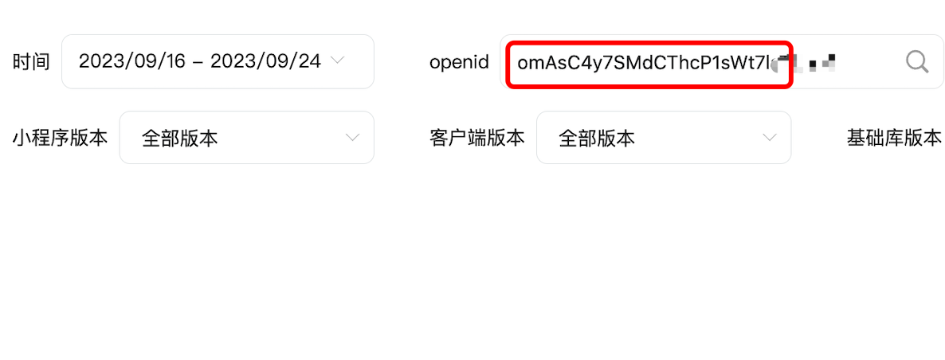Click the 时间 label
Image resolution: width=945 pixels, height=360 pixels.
click(31, 61)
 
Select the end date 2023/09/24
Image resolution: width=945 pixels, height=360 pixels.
click(265, 61)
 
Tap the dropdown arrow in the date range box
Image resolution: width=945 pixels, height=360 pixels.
click(337, 61)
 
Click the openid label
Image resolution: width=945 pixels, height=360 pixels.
click(459, 61)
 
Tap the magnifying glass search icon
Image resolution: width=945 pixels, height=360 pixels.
click(917, 61)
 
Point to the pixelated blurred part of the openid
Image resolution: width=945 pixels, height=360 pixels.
click(809, 62)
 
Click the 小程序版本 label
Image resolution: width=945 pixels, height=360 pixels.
click(60, 138)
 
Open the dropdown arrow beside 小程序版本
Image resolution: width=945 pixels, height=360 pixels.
click(352, 138)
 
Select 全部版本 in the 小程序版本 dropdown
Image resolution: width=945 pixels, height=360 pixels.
click(179, 138)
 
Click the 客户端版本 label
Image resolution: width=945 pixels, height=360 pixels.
click(476, 138)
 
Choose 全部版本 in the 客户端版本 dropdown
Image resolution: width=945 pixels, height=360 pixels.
click(597, 138)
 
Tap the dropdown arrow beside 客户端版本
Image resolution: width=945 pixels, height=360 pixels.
click(769, 138)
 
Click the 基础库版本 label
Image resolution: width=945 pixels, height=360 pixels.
click(894, 138)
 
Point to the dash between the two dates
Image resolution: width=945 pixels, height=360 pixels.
click(198, 62)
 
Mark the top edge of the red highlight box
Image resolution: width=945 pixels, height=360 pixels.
click(649, 43)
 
